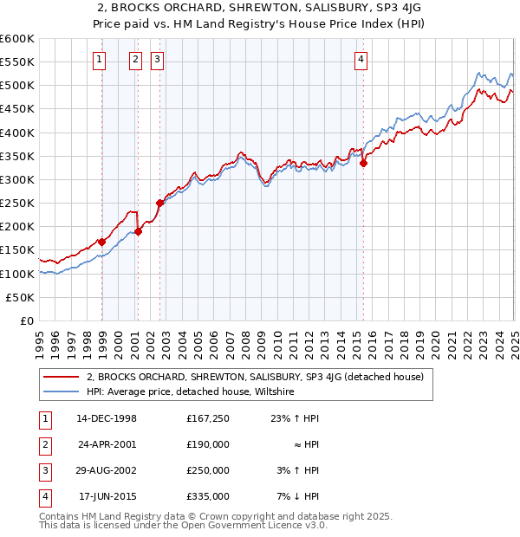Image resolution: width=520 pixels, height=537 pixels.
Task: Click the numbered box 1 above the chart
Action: [101, 60]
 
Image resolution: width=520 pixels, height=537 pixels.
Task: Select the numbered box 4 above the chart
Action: [361, 60]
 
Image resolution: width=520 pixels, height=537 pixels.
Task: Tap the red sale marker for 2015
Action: [363, 163]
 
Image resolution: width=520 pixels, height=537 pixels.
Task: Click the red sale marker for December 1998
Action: [102, 242]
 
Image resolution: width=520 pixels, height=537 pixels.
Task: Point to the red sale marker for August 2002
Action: [160, 203]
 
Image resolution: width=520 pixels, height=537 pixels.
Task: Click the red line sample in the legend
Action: [61, 377]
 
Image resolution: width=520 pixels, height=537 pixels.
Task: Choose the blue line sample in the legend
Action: [61, 391]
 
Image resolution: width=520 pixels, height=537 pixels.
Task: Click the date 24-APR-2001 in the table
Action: [107, 443]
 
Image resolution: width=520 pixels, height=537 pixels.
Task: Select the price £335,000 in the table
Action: [207, 496]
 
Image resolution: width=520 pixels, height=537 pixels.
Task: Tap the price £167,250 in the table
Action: [207, 417]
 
